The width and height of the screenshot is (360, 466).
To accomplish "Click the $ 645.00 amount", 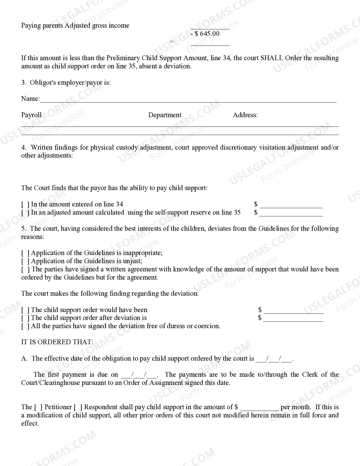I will pyautogui.click(x=207, y=34).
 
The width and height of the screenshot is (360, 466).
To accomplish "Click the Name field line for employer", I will pyautogui.click(x=188, y=99).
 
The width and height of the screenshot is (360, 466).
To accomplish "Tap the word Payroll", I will pyautogui.click(x=31, y=115).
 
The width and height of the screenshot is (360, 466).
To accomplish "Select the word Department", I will pyautogui.click(x=165, y=115).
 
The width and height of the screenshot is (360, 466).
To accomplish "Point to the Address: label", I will pyautogui.click(x=245, y=115).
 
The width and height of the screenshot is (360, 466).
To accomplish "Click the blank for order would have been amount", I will pyautogui.click(x=294, y=311).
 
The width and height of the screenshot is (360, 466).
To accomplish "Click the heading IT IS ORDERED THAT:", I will pyautogui.click(x=57, y=342).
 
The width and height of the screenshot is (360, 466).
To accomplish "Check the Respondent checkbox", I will pyautogui.click(x=78, y=407).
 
